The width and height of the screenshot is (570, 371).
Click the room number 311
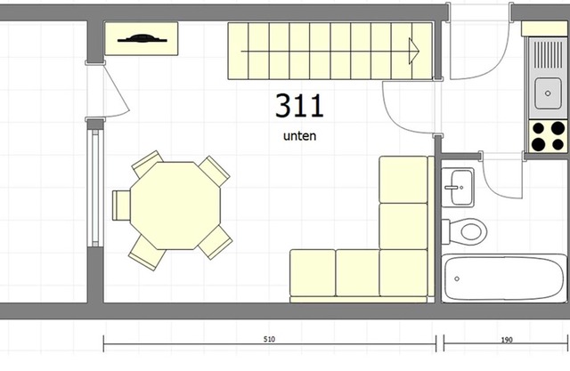pyautogui.click(x=299, y=106)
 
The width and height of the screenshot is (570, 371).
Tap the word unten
pyautogui.click(x=299, y=136)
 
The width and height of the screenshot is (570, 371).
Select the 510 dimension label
pyautogui.click(x=269, y=340)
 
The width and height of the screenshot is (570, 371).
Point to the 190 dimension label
pyautogui.click(x=507, y=340)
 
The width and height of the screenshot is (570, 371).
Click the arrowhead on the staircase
pyautogui.click(x=414, y=52)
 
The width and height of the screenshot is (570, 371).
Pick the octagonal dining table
pyautogui.click(x=175, y=206)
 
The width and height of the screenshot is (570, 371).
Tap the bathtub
pyautogui.click(x=504, y=278)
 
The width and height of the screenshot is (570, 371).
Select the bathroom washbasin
pyautogui.click(x=458, y=188)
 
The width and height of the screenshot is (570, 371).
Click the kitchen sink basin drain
pyautogui.click(x=548, y=93)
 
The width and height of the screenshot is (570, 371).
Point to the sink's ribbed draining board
pyautogui.click(x=548, y=55)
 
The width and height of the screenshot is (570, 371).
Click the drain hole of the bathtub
pyautogui.click(x=457, y=278)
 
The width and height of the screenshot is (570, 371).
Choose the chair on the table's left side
pyautogui.click(x=121, y=206)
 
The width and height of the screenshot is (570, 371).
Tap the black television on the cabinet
pyautogui.click(x=142, y=38)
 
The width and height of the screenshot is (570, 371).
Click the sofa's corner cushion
pyautogui.click(x=403, y=272)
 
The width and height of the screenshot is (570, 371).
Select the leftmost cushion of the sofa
pyautogui.click(x=313, y=272)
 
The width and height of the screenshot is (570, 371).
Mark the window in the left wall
pyautogui.click(x=95, y=188)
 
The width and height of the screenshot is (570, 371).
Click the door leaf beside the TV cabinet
pyautogui.click(x=117, y=89)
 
